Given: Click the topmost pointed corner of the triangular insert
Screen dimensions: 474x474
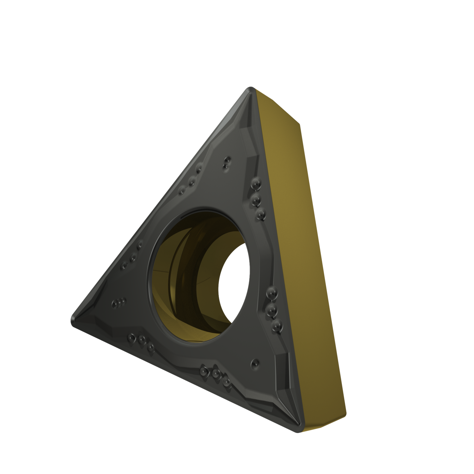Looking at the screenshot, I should point(251,89).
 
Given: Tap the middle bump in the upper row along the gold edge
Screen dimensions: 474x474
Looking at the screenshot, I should point(257,199).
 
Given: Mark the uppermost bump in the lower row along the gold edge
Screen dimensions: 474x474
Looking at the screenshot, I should point(270,294).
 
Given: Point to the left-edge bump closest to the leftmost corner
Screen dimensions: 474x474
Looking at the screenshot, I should point(124,265).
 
